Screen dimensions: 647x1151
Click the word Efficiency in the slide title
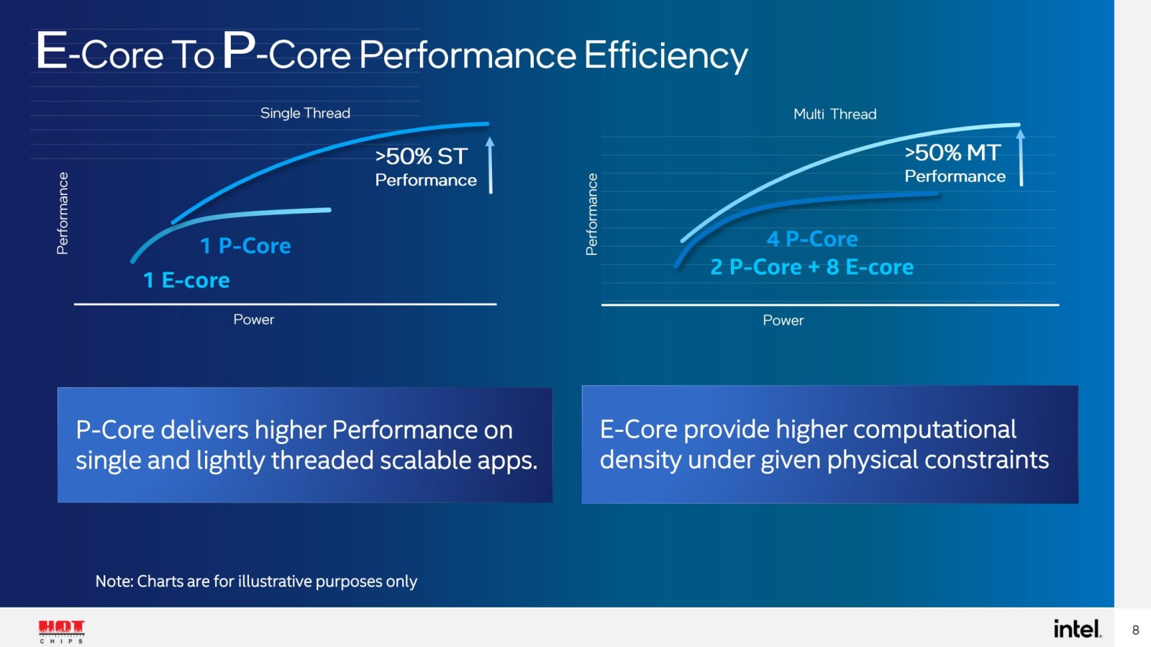665,55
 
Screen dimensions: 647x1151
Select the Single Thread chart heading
305,113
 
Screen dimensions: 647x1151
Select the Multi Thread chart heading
834,114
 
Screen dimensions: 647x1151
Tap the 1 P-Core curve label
245,246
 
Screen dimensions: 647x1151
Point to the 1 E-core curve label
186,280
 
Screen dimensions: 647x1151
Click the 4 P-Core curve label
812,239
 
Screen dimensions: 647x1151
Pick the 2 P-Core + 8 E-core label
811,267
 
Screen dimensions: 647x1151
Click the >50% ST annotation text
422,157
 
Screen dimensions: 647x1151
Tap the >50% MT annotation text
952,153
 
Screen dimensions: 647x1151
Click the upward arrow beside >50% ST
491,166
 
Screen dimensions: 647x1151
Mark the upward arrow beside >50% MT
1020,158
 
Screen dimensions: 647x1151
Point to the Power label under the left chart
254,320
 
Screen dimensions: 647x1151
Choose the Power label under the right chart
783,320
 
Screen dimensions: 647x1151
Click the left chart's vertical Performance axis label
63,213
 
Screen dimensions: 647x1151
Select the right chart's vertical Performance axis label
591,214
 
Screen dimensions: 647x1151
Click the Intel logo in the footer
1077,629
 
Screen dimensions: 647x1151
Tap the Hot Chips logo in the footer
61,630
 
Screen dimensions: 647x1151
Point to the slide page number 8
1135,630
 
